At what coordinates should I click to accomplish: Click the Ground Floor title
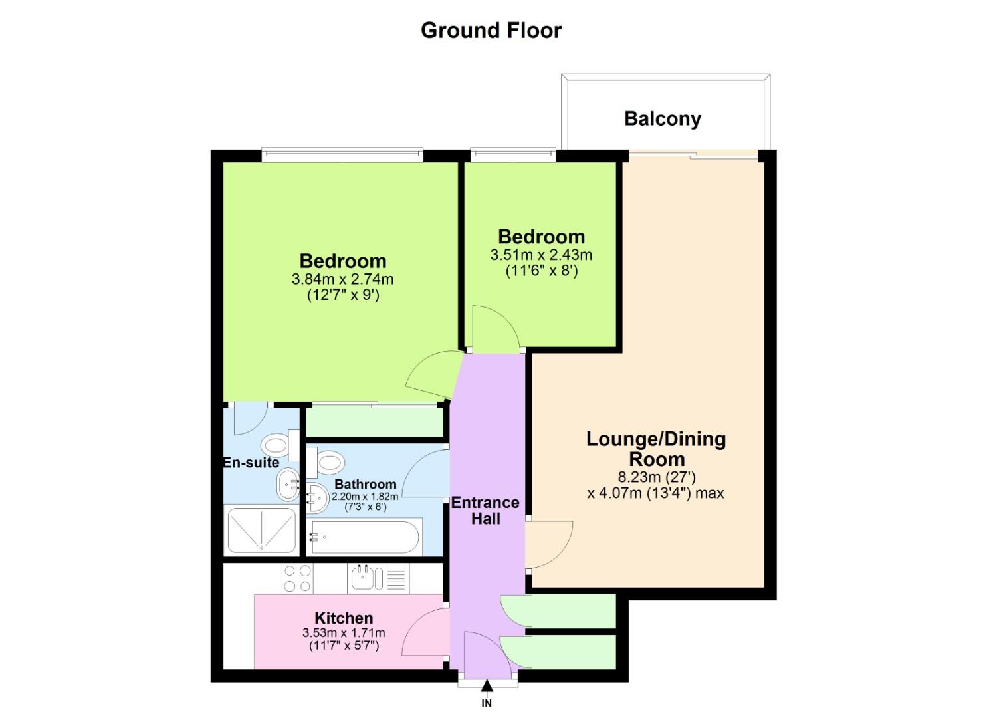pyautogui.click(x=491, y=30)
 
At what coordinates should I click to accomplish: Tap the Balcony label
pyautogui.click(x=662, y=119)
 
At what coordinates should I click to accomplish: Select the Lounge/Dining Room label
pyautogui.click(x=655, y=449)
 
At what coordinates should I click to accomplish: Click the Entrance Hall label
pyautogui.click(x=485, y=511)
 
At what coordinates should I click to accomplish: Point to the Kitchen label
pyautogui.click(x=344, y=618)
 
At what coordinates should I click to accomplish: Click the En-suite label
pyautogui.click(x=251, y=463)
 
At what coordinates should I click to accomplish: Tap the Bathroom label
pyautogui.click(x=365, y=484)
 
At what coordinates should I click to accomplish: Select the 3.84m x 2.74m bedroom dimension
pyautogui.click(x=342, y=279)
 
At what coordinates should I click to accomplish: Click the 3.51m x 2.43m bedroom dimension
pyautogui.click(x=541, y=255)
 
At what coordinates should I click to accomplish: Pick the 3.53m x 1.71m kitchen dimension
pyautogui.click(x=344, y=632)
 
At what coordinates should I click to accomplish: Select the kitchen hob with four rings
pyautogui.click(x=297, y=578)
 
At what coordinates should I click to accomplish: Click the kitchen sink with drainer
pyautogui.click(x=378, y=578)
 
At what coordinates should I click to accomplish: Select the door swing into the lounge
pyautogui.click(x=548, y=544)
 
